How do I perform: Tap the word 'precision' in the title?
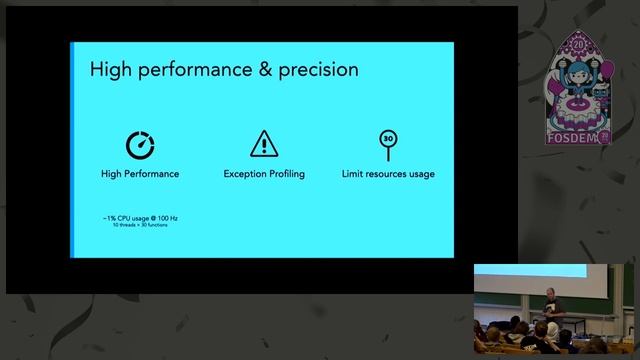coord(314,70)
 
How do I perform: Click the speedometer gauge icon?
coord(140,144)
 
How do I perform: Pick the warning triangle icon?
coord(264,143)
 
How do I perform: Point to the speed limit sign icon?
coord(388,145)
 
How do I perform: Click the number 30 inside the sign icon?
coord(388,139)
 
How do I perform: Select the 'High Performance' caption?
coord(140,174)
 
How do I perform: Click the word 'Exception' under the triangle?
coord(244,174)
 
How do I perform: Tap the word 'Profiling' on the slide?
coord(286,174)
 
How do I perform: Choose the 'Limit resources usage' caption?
coord(388,174)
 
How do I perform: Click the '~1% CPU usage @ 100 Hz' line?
coord(139,217)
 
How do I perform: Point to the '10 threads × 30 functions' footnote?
coord(139,225)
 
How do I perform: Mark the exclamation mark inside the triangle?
coord(264,145)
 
